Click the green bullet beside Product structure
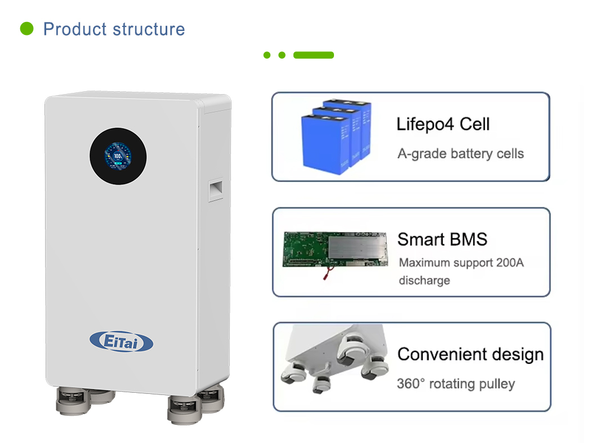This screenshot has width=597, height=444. tap(26, 29)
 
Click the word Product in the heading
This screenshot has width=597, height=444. tap(75, 29)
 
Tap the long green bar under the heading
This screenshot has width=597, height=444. tap(313, 55)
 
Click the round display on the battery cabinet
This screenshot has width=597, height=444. tap(118, 156)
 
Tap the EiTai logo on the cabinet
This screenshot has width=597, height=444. tap(122, 341)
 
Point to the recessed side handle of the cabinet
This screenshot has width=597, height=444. tap(216, 190)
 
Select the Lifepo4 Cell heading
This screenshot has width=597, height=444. tap(443, 124)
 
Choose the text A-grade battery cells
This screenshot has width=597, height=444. tap(461, 153)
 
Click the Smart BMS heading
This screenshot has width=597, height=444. tap(443, 239)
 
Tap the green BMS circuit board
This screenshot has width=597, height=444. tap(335, 250)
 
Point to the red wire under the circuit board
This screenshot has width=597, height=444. tap(328, 273)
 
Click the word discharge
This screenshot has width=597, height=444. tap(425, 281)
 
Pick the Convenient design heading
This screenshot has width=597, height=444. tap(471, 354)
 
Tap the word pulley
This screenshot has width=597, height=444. tap(497, 384)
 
